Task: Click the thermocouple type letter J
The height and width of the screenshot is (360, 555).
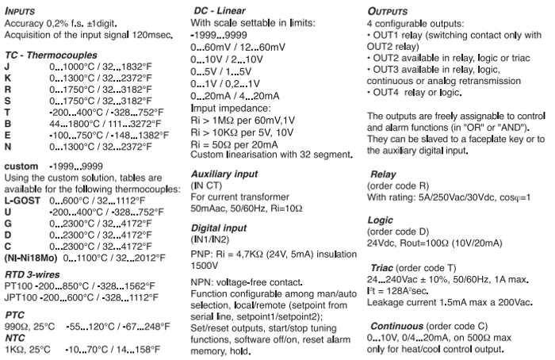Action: coord(7,65)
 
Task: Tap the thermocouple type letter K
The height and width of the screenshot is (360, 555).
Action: coord(8,77)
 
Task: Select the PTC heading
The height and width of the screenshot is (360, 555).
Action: coord(15,314)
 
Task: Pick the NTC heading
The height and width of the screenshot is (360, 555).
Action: coord(15,335)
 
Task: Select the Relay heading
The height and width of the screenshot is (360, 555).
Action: coord(386,172)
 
